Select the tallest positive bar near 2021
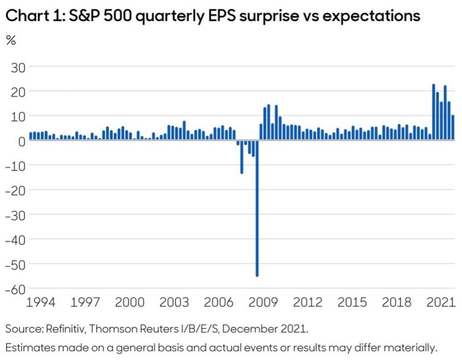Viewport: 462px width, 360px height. pyautogui.click(x=434, y=113)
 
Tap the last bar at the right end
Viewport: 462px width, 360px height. pyautogui.click(x=453, y=128)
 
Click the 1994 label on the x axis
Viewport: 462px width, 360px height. pyautogui.click(x=41, y=302)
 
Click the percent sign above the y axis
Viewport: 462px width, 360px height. pyautogui.click(x=11, y=40)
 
